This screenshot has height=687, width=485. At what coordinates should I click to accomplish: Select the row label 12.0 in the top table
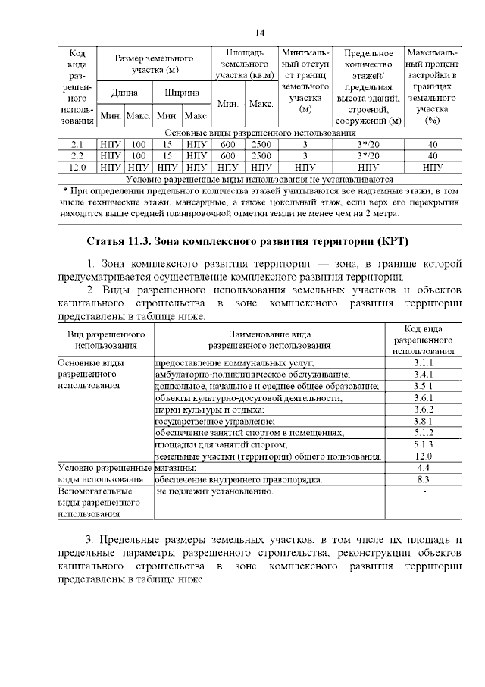(x=77, y=166)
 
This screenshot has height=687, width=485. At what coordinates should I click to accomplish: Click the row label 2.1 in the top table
(x=77, y=143)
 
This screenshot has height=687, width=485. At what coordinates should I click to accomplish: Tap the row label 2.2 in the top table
(x=77, y=155)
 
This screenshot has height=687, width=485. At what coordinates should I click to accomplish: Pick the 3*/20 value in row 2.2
(x=368, y=155)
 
